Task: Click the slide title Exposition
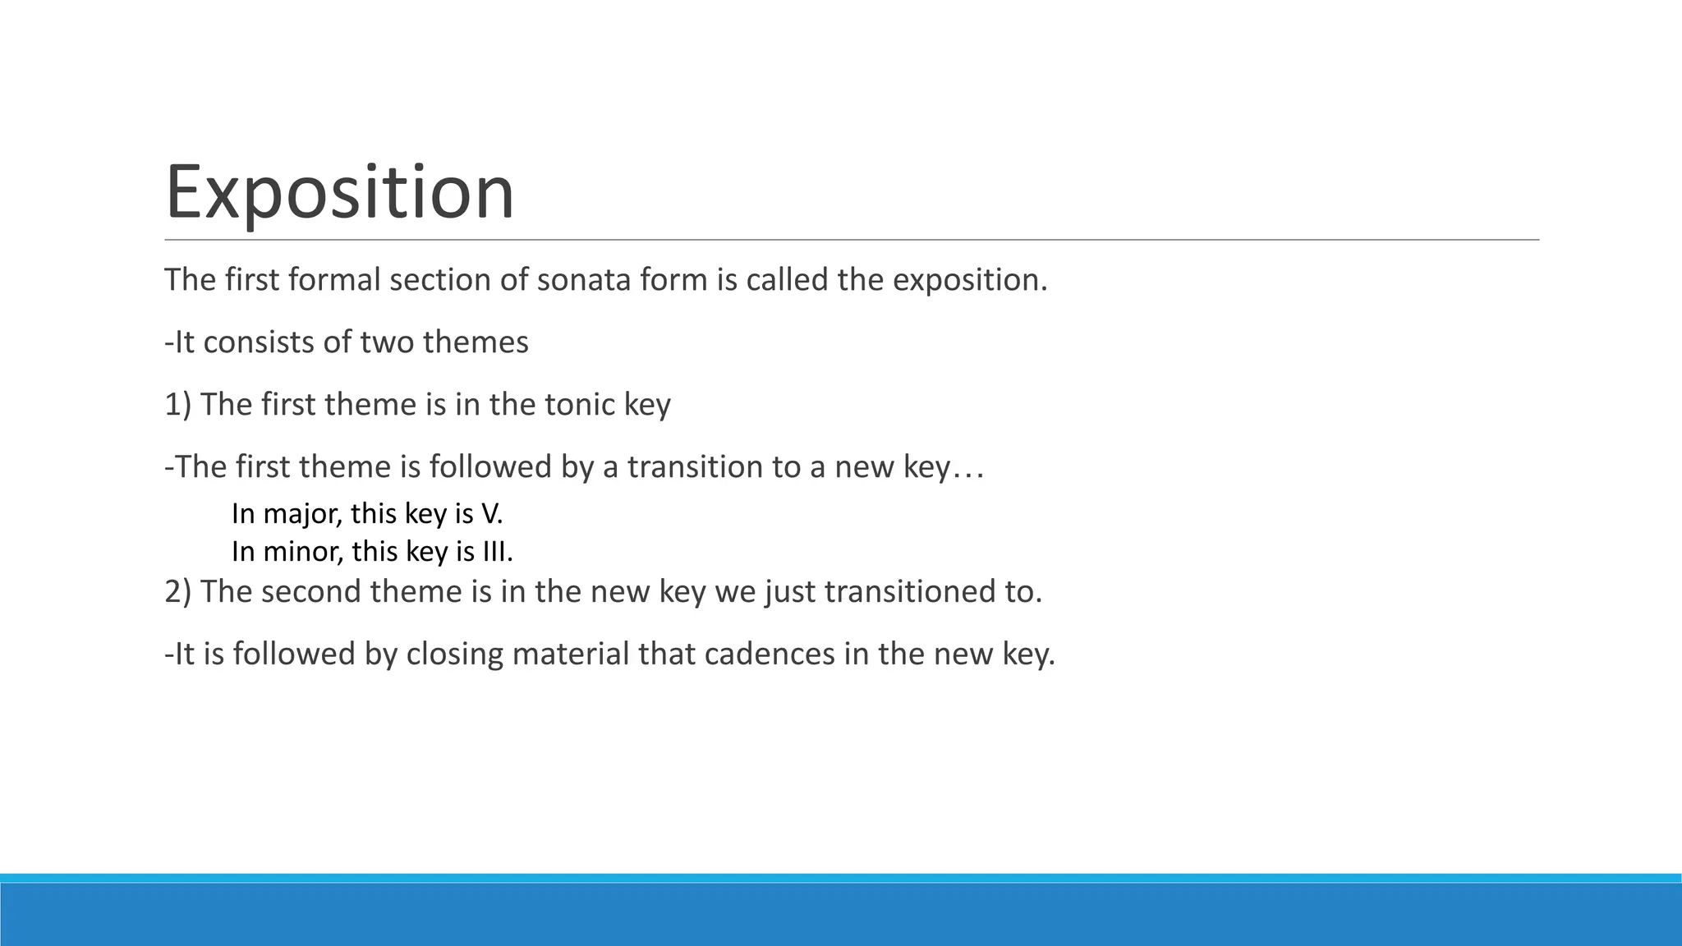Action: coord(339,192)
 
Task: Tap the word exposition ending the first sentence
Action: coord(969,280)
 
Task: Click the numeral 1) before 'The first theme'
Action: coord(177,405)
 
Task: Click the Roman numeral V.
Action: coord(490,514)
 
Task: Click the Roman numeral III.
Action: coord(495,551)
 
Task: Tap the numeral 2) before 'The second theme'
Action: coord(177,592)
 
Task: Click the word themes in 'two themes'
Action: coord(476,342)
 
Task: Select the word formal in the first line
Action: coord(335,280)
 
